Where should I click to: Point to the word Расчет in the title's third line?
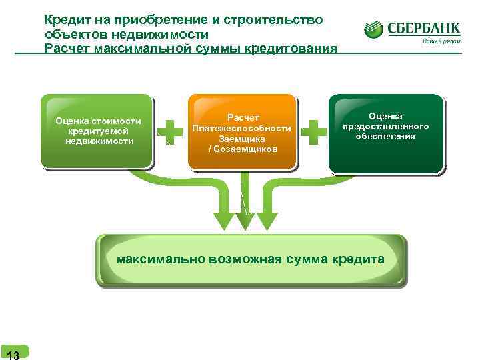pyautogui.click(x=69, y=49)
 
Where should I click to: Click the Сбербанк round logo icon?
pyautogui.click(x=374, y=29)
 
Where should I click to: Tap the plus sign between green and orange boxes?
pyautogui.click(x=171, y=132)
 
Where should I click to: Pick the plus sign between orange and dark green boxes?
pyautogui.click(x=313, y=132)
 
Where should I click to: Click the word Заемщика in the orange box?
pyautogui.click(x=241, y=139)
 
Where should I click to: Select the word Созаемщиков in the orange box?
pyautogui.click(x=244, y=149)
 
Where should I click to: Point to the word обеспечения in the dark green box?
pyautogui.click(x=385, y=136)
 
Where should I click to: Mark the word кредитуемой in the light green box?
pyautogui.click(x=98, y=131)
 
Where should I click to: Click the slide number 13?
pyautogui.click(x=13, y=353)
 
